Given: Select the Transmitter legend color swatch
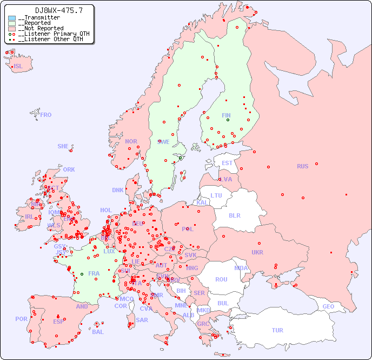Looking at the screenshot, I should pos(12,18).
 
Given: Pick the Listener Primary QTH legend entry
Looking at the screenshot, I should pos(49,34).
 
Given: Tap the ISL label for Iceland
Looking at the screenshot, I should pos(18,67).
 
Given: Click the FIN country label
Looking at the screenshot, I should pos(226,115).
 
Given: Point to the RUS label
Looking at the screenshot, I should pos(302,166).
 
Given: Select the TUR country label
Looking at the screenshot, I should pos(277,330).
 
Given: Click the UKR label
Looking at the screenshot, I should pos(257,252).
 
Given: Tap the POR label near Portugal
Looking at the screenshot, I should pos(21,319).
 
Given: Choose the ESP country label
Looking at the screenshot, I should pos(58,321).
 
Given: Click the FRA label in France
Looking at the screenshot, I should pos(94,273).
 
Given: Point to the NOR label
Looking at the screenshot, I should pos(131,141).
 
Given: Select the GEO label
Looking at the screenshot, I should pos(328,306).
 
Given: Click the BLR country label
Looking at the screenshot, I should pos(234,215).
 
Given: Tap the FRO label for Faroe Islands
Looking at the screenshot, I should pos(46,115).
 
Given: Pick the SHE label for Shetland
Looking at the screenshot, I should pos(63,146).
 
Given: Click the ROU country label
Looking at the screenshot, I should pos(221,279).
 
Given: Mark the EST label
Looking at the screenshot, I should pos(227,163).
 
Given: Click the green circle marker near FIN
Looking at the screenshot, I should pos(228,120).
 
